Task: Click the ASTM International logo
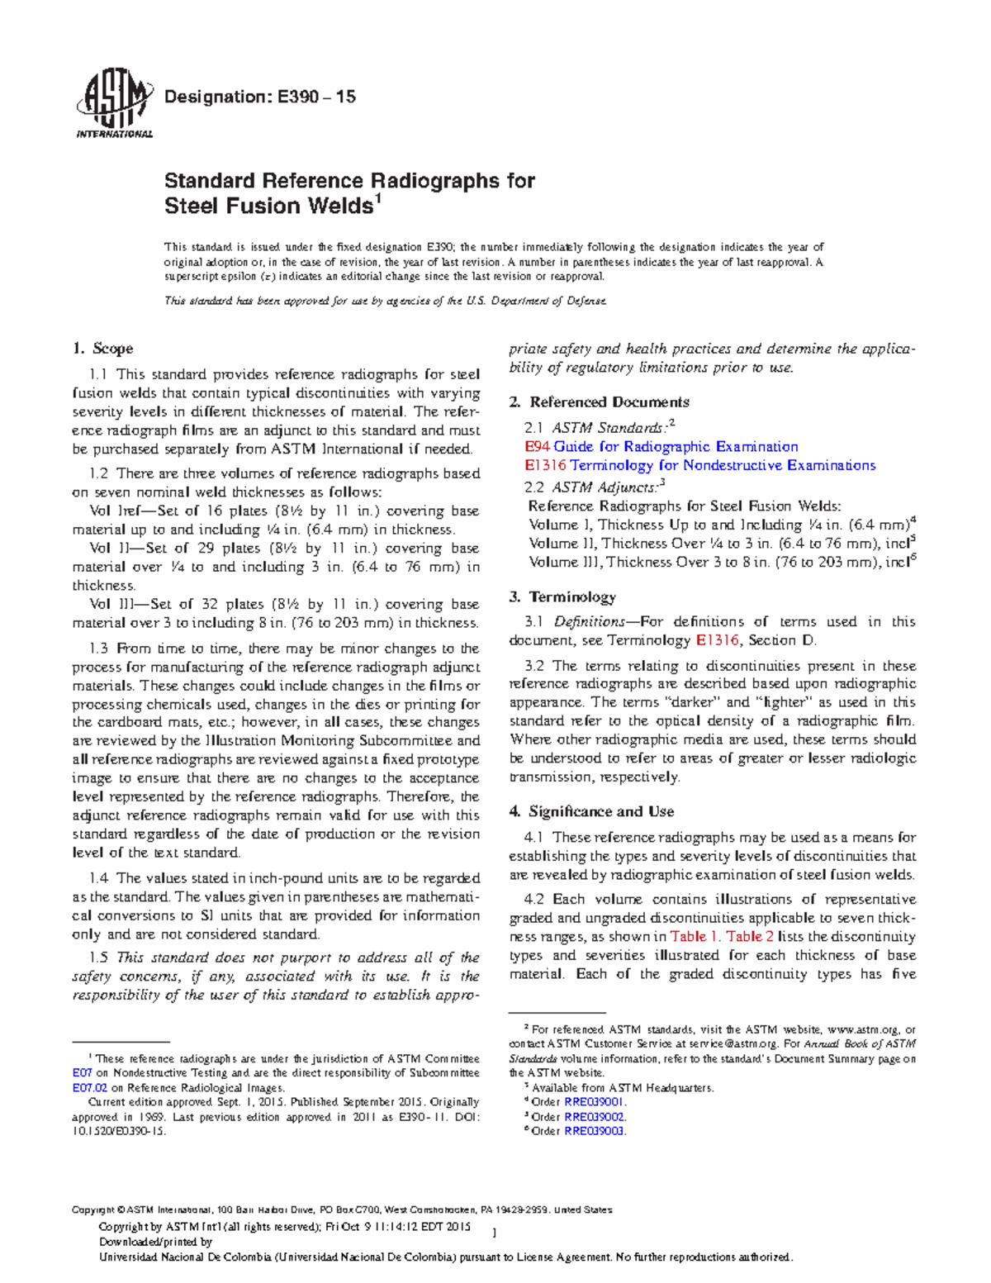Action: (114, 106)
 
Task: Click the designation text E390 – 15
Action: (260, 97)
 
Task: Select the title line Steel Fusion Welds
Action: (269, 206)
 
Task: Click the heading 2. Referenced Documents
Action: (600, 402)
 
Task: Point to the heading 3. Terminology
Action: (562, 596)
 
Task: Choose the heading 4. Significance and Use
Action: (591, 811)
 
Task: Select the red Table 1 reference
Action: (695, 937)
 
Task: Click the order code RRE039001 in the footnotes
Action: (595, 1102)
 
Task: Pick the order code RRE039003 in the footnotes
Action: (595, 1131)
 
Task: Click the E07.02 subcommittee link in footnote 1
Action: (90, 1088)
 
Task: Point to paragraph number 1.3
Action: (98, 649)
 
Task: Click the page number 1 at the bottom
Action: (493, 1233)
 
